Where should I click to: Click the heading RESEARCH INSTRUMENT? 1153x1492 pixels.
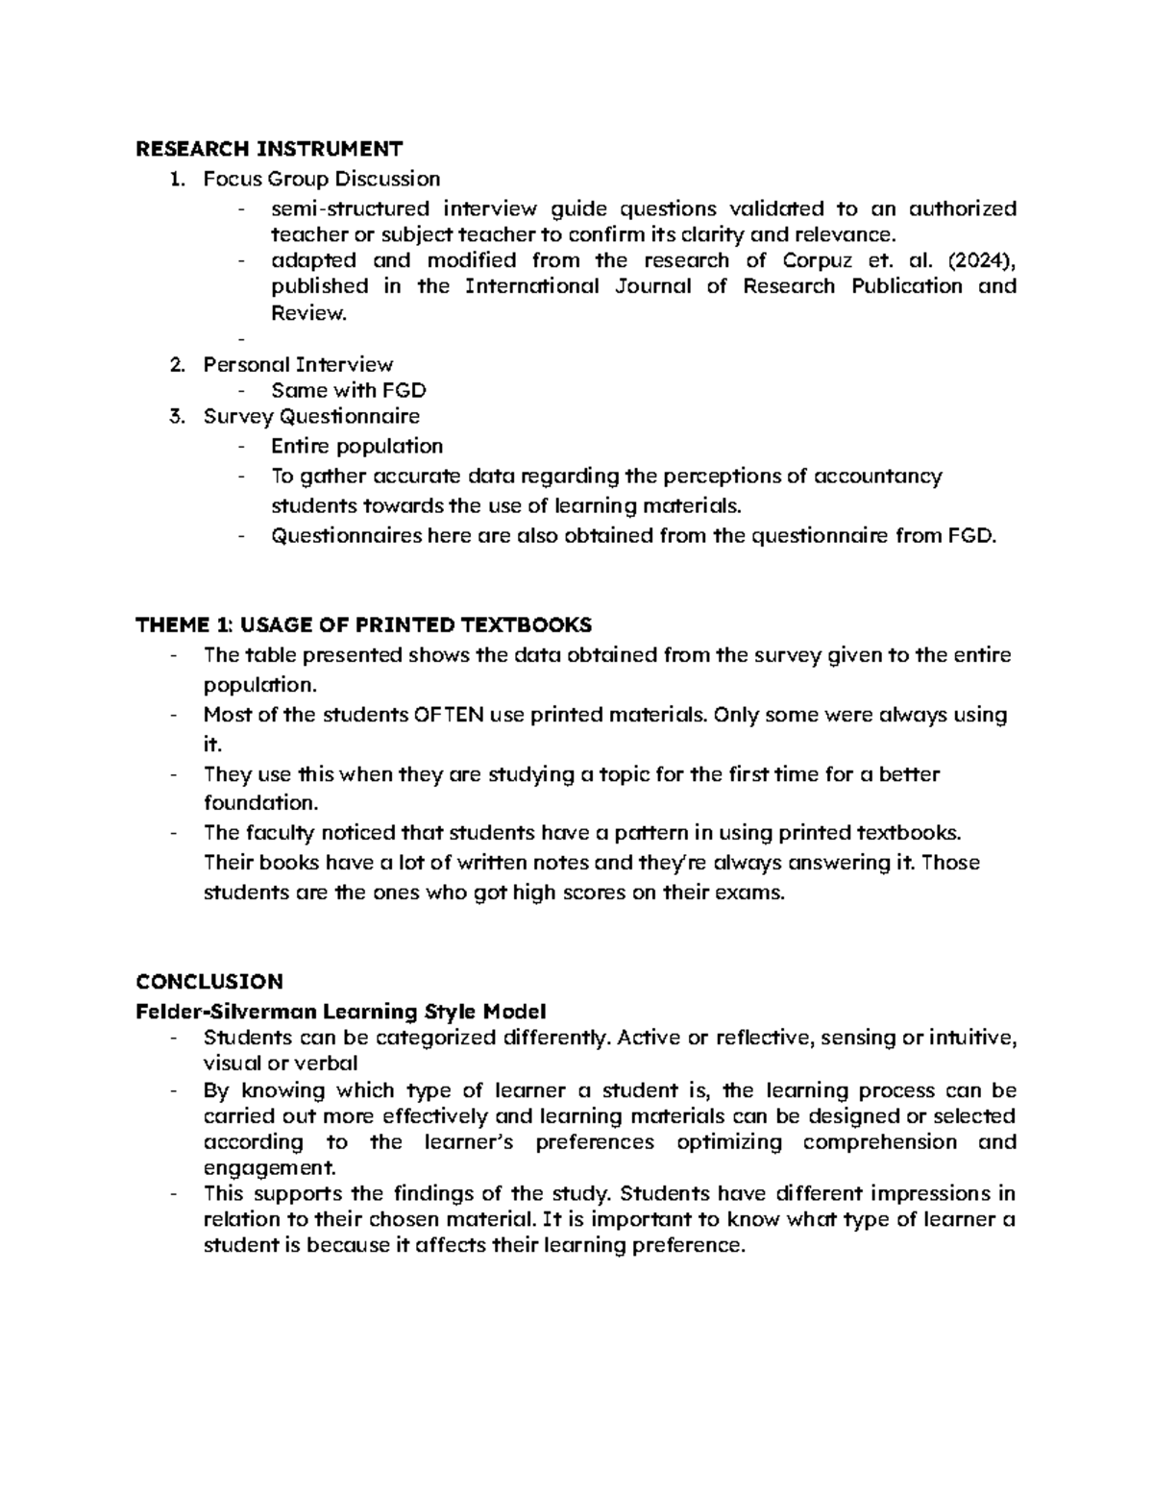pos(269,148)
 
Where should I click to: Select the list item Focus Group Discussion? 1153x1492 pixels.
pos(321,179)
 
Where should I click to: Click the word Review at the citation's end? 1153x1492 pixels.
pos(307,312)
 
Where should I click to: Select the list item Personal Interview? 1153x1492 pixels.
pos(298,365)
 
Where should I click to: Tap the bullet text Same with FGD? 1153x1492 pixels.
pos(348,390)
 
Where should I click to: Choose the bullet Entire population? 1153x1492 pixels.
pos(356,446)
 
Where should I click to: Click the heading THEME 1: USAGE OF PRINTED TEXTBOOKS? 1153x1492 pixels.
pos(364,625)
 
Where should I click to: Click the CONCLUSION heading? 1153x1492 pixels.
pos(209,981)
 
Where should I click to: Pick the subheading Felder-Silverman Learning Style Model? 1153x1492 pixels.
pos(341,1012)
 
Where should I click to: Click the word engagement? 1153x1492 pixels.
pos(270,1168)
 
